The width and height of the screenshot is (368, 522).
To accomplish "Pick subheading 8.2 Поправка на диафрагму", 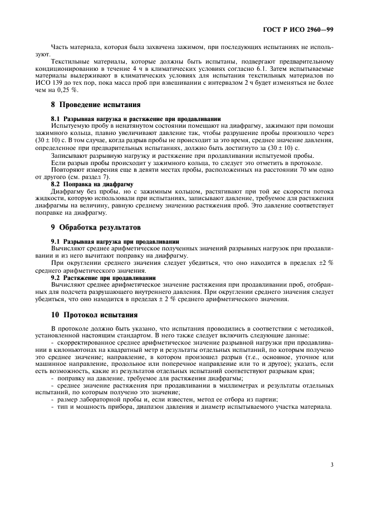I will point(91,184).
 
